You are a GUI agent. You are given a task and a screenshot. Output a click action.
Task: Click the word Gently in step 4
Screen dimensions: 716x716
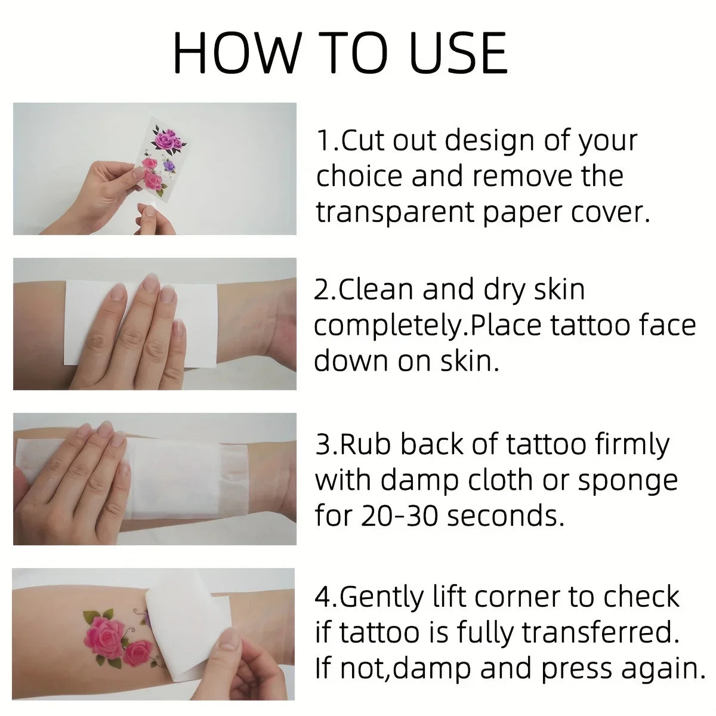coord(381,597)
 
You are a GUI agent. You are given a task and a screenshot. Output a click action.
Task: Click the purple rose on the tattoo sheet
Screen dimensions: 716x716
coord(169,164)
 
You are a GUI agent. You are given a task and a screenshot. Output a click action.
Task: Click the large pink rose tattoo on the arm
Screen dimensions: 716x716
coord(107,634)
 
